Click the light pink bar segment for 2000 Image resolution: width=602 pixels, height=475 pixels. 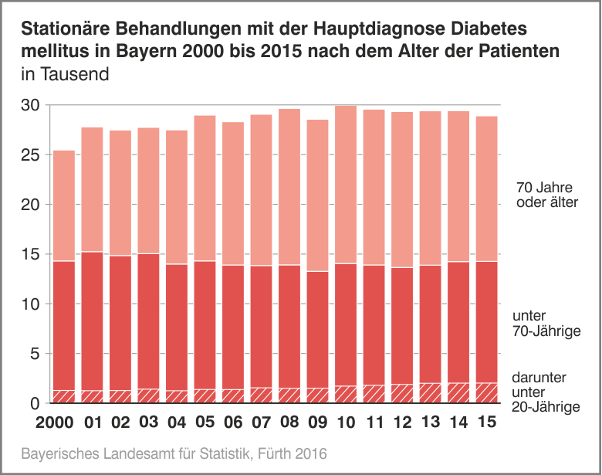pyautogui.click(x=64, y=205)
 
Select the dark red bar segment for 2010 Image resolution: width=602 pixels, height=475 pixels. pyautogui.click(x=346, y=324)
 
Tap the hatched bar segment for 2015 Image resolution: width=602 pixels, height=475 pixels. pyautogui.click(x=487, y=393)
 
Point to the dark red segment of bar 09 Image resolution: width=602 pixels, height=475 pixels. pyautogui.click(x=317, y=329)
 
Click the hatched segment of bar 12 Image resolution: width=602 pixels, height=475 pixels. pyautogui.click(x=402, y=394)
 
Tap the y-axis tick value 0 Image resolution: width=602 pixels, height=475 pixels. pyautogui.click(x=33, y=404)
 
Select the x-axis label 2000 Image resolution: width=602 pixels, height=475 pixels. pyautogui.click(x=56, y=424)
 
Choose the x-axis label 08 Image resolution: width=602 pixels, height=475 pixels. pyautogui.click(x=289, y=424)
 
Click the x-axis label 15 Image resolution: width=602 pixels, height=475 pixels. pyautogui.click(x=487, y=424)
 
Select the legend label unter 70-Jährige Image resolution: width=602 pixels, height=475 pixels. pyautogui.click(x=546, y=324)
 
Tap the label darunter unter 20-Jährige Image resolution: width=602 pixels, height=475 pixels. pyautogui.click(x=545, y=392)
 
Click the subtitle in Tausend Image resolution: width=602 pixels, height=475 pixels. pyautogui.click(x=65, y=75)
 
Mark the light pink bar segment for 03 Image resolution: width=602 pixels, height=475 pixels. pyautogui.click(x=148, y=191)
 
